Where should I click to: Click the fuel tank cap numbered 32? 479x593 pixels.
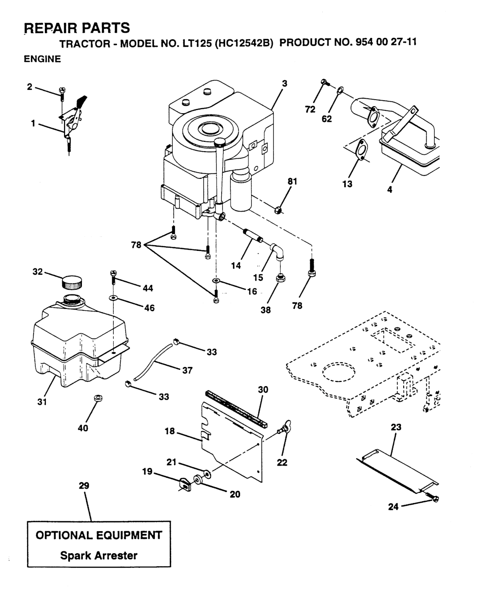(72, 282)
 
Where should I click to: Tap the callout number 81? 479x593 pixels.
(293, 182)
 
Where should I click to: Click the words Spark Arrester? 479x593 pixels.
(99, 556)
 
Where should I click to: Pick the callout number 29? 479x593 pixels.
(84, 486)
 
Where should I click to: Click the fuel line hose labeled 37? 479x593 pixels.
(155, 361)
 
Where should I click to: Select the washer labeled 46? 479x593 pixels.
(113, 298)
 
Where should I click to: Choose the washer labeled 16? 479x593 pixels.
(216, 280)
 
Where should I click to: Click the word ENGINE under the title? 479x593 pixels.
(42, 59)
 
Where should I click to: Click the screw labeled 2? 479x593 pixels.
(61, 93)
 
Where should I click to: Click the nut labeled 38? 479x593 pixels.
(281, 279)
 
